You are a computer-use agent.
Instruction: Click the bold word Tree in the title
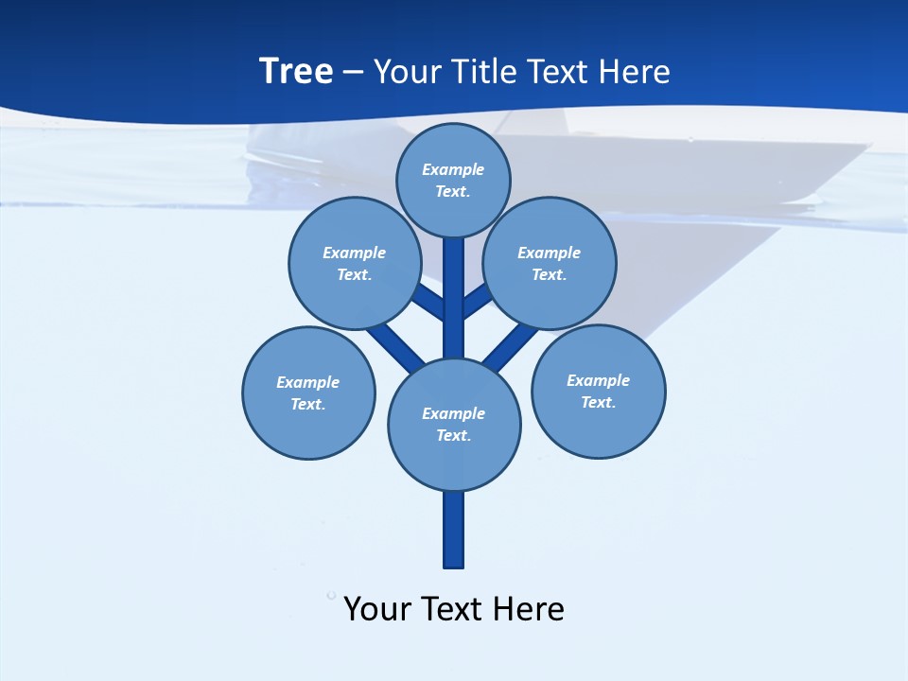pyautogui.click(x=296, y=71)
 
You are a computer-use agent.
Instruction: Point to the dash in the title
pyautogui.click(x=353, y=73)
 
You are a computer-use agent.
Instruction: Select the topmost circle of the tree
pyautogui.click(x=453, y=180)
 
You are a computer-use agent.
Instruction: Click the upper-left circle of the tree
pyautogui.click(x=354, y=263)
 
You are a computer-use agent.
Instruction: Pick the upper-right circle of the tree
pyautogui.click(x=550, y=263)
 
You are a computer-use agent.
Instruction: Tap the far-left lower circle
pyautogui.click(x=308, y=393)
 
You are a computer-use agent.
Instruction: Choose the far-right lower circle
pyautogui.click(x=598, y=391)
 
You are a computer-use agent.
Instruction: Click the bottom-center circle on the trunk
pyautogui.click(x=454, y=425)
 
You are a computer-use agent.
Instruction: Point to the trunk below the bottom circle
pyautogui.click(x=454, y=530)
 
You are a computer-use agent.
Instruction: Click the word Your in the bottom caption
pyautogui.click(x=377, y=608)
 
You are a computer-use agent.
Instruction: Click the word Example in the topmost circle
pyautogui.click(x=453, y=169)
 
